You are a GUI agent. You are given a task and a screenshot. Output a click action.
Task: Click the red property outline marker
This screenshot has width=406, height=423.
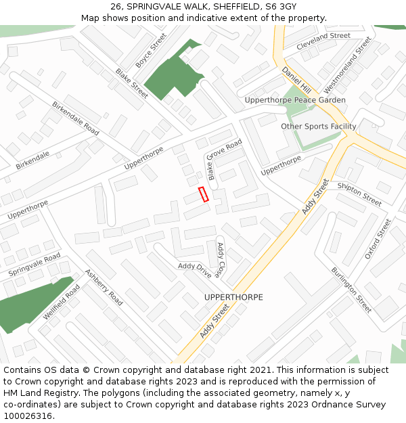pos(203,194)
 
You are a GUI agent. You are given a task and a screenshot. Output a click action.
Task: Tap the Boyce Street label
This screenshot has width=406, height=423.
pos(151,50)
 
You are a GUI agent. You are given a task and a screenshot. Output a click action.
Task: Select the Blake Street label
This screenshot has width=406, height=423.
pos(131,83)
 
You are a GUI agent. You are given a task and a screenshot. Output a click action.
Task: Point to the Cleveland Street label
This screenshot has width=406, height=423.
pos(323,36)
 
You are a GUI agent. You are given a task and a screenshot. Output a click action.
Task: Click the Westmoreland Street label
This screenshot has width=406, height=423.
pos(348,65)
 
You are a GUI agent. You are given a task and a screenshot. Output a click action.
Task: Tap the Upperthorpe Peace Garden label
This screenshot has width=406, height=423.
pos(295,100)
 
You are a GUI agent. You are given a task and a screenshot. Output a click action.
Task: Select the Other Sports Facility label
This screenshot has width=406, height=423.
pos(318,127)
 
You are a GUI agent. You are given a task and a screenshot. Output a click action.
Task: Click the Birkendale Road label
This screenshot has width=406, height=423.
pos(76,118)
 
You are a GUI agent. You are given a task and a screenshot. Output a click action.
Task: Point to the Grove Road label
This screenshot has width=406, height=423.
pos(224,150)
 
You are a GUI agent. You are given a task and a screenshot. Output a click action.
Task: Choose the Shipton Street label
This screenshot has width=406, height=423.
pos(359,194)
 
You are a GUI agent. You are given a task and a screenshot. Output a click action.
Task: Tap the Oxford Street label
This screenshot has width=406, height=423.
pos(378,238)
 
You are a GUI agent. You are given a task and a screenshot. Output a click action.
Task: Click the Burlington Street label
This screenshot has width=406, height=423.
pos(351,290)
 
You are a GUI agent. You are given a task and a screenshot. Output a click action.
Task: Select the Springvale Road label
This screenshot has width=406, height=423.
pos(35,265)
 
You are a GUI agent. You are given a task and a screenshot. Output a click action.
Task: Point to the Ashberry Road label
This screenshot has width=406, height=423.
pos(104,287)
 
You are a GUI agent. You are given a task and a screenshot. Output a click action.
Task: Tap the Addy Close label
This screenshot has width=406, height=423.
pos(220,260)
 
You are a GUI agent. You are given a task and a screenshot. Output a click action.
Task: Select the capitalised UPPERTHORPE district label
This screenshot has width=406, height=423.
pos(233,297)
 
